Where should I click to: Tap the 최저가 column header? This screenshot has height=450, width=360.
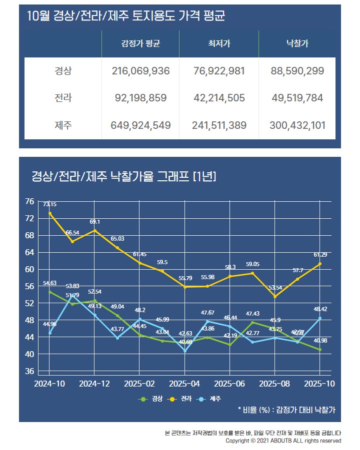point(219,44)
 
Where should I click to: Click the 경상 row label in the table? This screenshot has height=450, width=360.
point(63,71)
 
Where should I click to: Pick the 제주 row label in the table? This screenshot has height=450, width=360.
point(63,125)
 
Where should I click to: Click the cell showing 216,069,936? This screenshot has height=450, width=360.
point(141,71)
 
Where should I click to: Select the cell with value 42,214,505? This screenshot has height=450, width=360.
point(218,98)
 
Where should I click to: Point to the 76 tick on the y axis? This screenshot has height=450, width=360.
point(29,201)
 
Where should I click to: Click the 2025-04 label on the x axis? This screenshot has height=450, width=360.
point(184,384)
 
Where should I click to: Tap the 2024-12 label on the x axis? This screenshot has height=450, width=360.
point(94,384)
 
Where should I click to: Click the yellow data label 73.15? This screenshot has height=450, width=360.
point(49,204)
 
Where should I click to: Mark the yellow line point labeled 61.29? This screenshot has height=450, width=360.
point(320,264)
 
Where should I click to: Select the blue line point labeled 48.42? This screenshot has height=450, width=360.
point(320,318)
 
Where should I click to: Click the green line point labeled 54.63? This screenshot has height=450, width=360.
point(49,292)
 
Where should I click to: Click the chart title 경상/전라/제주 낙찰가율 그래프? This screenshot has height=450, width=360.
point(123,176)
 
